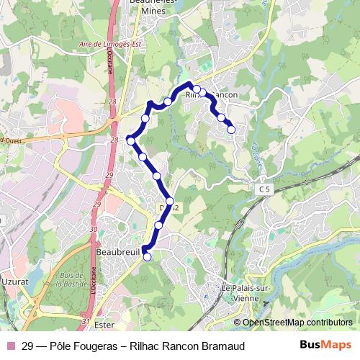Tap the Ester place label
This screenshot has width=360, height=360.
tap(104, 325)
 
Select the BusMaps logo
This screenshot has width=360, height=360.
tap(325, 346)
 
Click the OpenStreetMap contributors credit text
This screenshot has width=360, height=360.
tap(298, 323)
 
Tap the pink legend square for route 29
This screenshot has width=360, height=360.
tap(10, 346)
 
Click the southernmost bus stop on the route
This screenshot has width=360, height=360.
tap(148, 256)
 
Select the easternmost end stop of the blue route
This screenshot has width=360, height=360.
tap(231, 130)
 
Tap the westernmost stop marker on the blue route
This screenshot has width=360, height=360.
tap(130, 140)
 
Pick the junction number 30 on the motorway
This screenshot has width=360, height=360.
tap(94, 228)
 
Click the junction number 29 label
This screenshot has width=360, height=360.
tap(108, 175)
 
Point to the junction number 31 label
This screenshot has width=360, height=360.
tap(86, 321)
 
